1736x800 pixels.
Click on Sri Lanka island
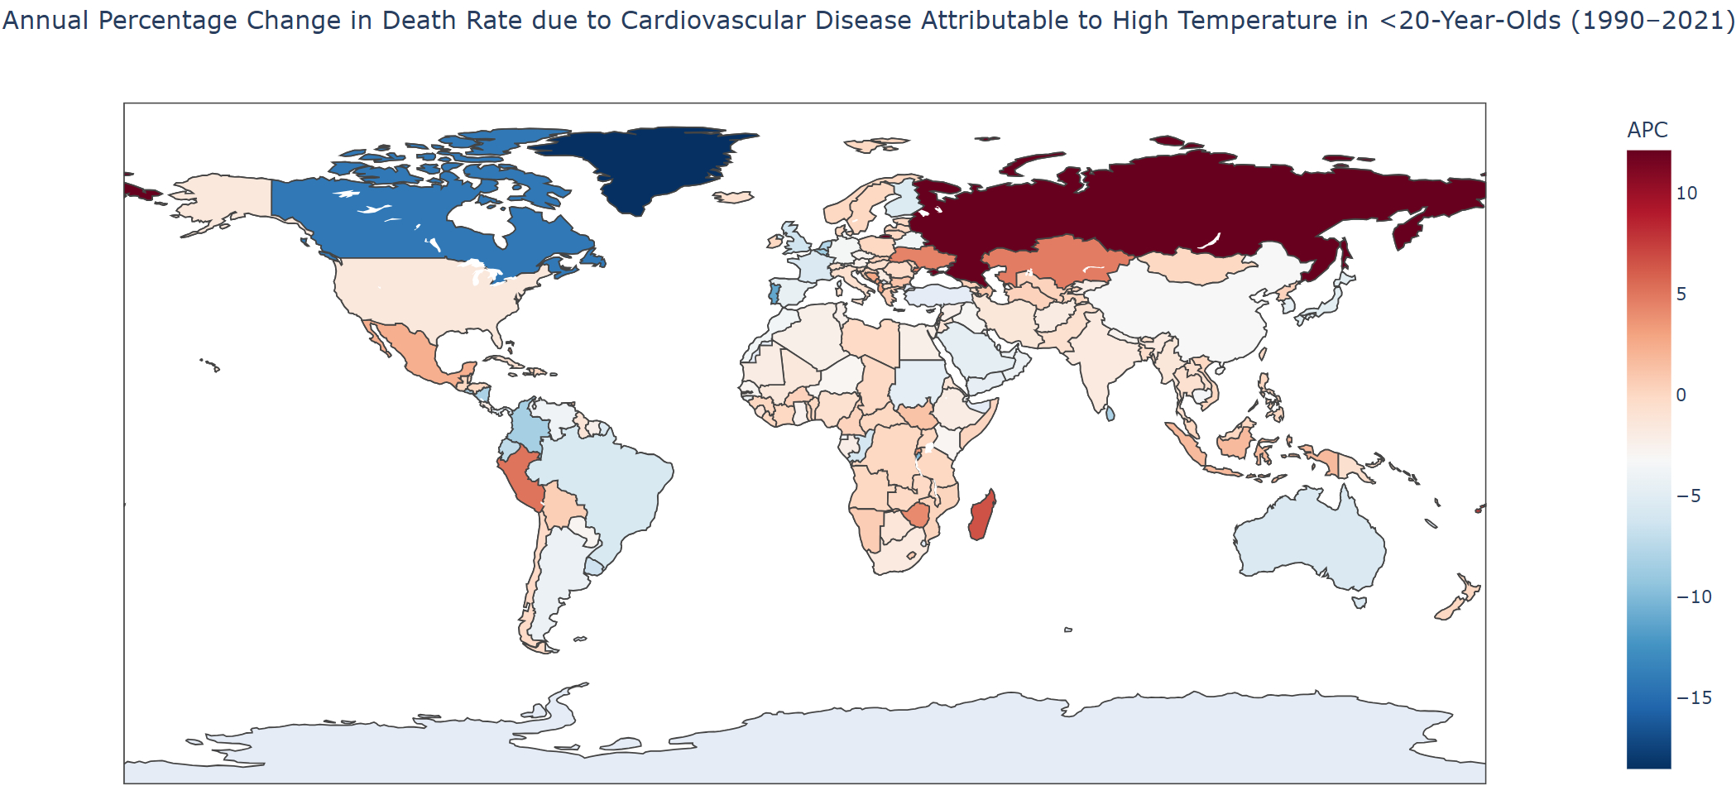click(x=1110, y=413)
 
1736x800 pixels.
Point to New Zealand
click(x=1460, y=600)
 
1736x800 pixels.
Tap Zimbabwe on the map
click(x=917, y=515)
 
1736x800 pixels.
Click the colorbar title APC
click(x=1647, y=130)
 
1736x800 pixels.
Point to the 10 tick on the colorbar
click(x=1686, y=194)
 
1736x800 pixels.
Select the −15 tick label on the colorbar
click(x=1694, y=698)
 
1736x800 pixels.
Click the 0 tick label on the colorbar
click(x=1681, y=395)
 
